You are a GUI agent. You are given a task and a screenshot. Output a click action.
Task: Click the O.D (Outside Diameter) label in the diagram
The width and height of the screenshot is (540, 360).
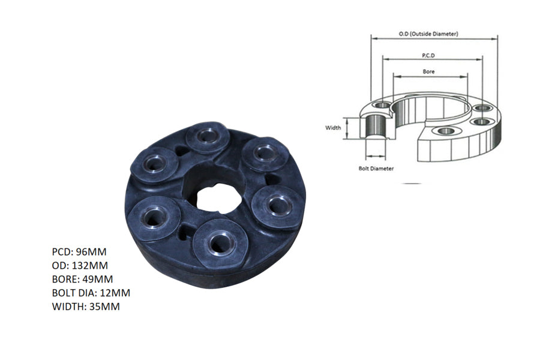tap(428, 34)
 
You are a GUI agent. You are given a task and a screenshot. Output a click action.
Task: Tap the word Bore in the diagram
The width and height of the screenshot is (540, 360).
tap(428, 71)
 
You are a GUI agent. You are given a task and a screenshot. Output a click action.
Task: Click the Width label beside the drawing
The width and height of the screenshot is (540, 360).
tap(333, 128)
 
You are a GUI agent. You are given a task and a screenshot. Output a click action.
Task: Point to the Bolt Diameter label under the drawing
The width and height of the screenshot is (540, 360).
tap(376, 169)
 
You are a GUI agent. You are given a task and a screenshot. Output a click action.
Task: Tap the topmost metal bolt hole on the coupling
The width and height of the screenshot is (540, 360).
tap(205, 137)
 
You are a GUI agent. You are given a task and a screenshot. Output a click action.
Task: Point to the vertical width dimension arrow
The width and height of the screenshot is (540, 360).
tap(347, 128)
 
